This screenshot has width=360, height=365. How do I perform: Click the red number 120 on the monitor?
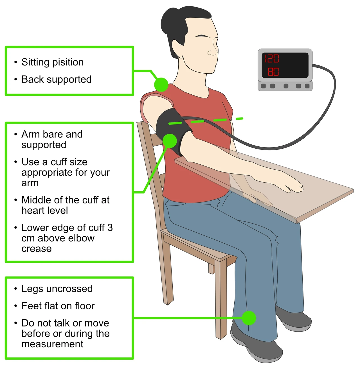(x=272, y=58)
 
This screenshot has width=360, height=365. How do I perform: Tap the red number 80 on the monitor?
(x=273, y=72)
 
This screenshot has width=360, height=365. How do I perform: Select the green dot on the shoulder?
(x=161, y=85)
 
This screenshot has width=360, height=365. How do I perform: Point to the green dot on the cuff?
(x=170, y=141)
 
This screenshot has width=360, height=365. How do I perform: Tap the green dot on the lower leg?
(x=249, y=318)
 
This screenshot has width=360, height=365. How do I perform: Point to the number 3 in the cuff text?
(x=110, y=228)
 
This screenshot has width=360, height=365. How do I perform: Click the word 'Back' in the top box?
(x=32, y=79)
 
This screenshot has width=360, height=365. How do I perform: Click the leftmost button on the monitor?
(x=263, y=86)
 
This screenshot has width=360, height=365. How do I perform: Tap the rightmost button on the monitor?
(x=307, y=86)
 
